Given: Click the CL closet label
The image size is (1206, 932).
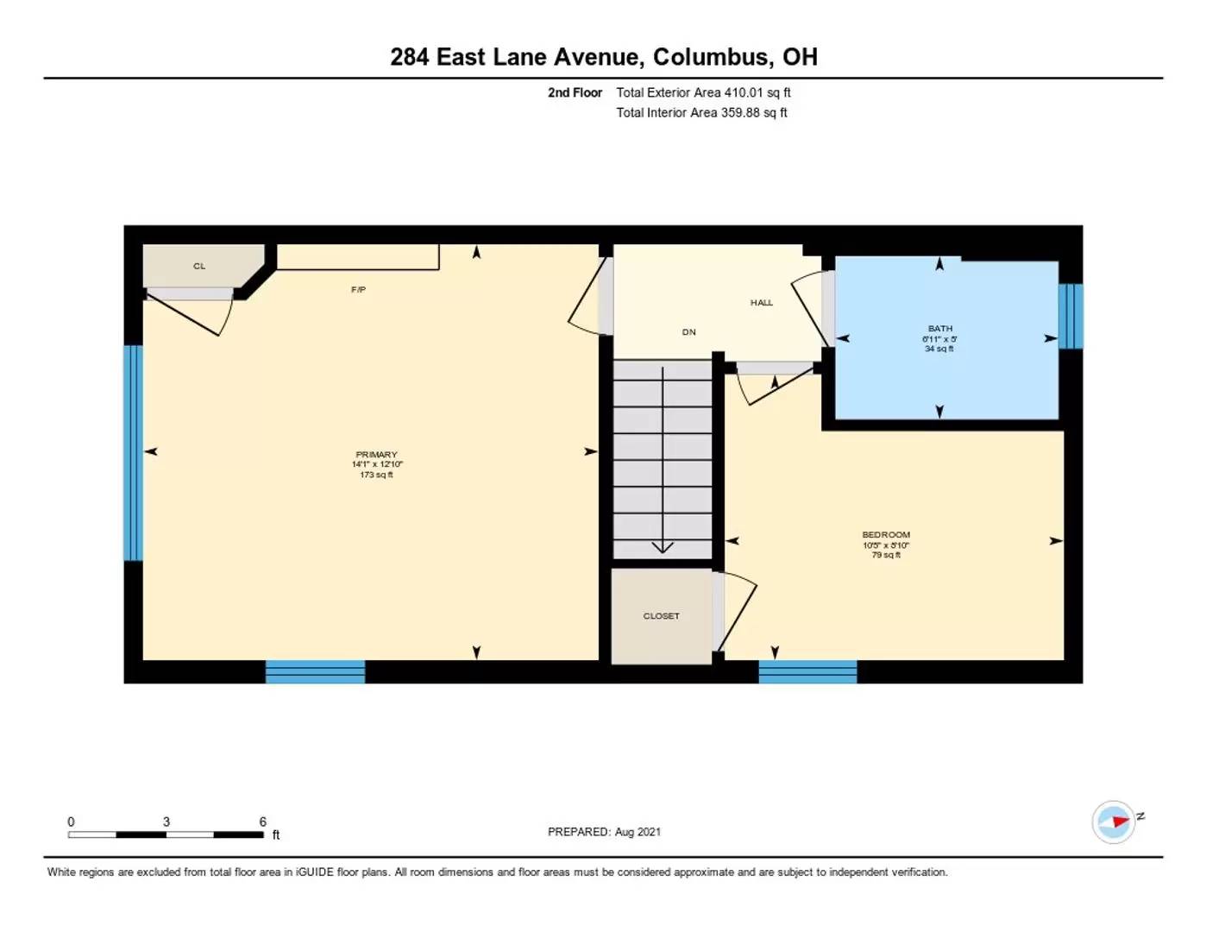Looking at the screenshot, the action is [x=198, y=267].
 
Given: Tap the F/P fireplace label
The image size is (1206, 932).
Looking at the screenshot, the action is [x=358, y=289].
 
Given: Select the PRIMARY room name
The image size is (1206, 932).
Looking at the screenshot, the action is [x=376, y=454].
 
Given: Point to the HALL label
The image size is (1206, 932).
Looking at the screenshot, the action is [x=762, y=303].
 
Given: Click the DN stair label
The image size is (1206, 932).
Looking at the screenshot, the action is [x=688, y=332].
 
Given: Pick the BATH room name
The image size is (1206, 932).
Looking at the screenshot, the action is [x=939, y=329].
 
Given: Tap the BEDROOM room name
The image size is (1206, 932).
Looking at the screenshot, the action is [x=886, y=534].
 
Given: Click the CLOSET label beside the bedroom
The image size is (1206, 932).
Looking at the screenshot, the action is [x=661, y=615].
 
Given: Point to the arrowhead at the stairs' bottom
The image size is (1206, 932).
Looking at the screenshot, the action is [x=663, y=548].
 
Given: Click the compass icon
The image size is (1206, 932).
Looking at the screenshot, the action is [x=1113, y=822].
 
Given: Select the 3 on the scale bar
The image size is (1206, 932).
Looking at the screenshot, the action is [x=166, y=822].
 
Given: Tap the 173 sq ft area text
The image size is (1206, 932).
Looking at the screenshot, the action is [x=376, y=475].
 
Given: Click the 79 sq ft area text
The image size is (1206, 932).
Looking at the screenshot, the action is [x=886, y=555].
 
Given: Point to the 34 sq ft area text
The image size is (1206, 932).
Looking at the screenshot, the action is [x=939, y=349].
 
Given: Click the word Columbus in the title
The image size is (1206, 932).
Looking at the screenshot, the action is [x=710, y=57].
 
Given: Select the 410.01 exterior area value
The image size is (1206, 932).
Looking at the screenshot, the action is [x=743, y=92].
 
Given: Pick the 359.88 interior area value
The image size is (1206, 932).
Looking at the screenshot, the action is [x=740, y=113].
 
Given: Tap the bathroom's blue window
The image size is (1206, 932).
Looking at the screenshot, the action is [x=1071, y=317].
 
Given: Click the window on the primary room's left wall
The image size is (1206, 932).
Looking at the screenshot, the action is [x=133, y=453].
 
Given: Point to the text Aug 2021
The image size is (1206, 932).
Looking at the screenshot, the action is [x=638, y=832].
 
